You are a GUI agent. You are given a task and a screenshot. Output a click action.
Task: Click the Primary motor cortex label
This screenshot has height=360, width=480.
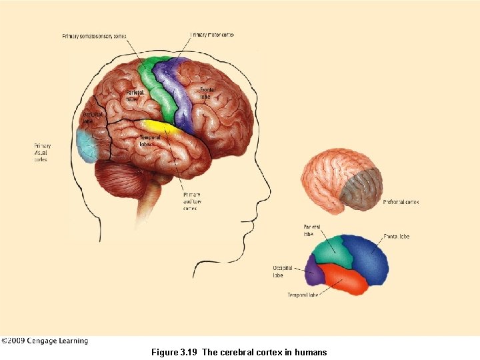(212, 35)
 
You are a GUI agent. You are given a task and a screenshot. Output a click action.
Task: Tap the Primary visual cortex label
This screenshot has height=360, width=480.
(43, 153)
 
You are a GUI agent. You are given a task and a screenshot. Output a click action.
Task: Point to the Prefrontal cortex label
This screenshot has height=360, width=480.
(401, 202)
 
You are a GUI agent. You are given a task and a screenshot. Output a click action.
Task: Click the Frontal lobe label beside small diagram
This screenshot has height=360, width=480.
(396, 237)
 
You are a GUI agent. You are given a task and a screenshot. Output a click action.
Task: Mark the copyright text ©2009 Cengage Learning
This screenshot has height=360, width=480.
(45, 341)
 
